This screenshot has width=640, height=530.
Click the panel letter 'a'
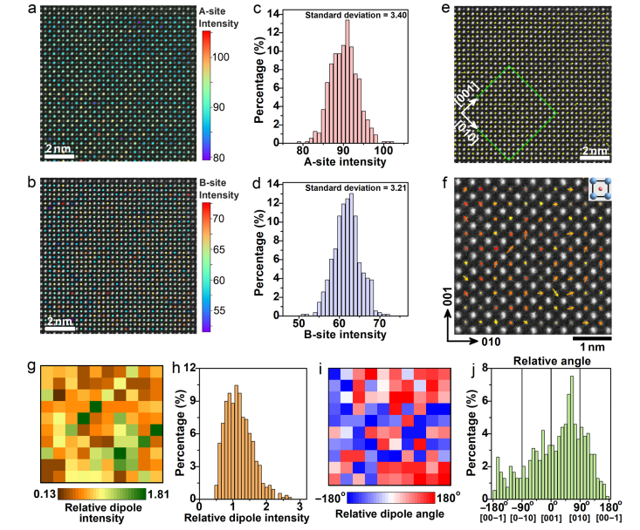click(32, 10)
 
